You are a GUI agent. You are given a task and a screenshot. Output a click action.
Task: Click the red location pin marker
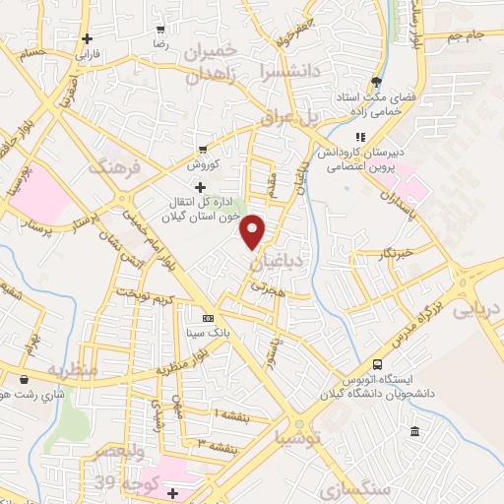click(253, 230)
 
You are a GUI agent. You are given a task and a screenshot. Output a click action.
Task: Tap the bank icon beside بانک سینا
click(208, 319)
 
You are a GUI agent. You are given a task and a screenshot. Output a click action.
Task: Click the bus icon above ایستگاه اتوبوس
click(377, 365)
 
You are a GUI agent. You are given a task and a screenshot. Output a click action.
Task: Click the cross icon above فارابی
click(89, 39)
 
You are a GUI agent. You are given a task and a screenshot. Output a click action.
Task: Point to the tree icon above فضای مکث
click(375, 82)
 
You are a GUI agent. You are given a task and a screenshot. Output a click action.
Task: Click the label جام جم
click(464, 36)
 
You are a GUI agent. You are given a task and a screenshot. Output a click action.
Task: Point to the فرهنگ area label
click(116, 167)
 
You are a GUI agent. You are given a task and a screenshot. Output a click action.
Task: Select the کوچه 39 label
click(119, 482)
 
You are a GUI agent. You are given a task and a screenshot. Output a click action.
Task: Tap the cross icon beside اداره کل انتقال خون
click(201, 187)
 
